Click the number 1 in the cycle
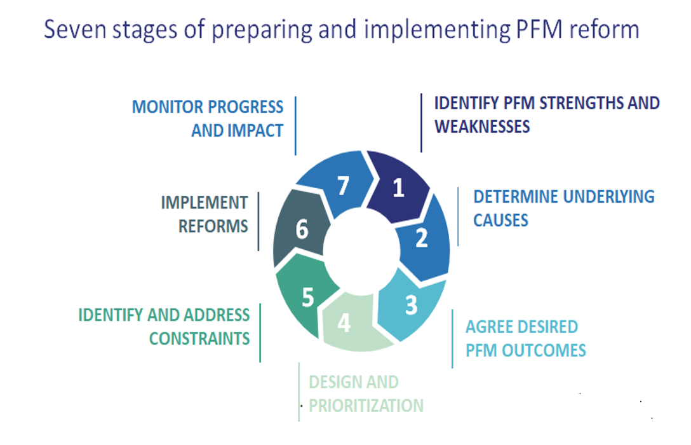[x=398, y=188]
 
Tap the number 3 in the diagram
[x=411, y=305]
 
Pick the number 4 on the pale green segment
[x=344, y=324]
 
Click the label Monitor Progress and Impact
[x=208, y=118]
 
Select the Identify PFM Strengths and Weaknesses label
[x=547, y=114]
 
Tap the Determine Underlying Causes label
[x=563, y=208]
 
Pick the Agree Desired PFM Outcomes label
[x=525, y=339]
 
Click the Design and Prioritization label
[x=366, y=394]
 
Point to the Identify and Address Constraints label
[x=164, y=326]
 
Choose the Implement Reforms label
[x=204, y=214]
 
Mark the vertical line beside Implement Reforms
[x=258, y=221]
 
